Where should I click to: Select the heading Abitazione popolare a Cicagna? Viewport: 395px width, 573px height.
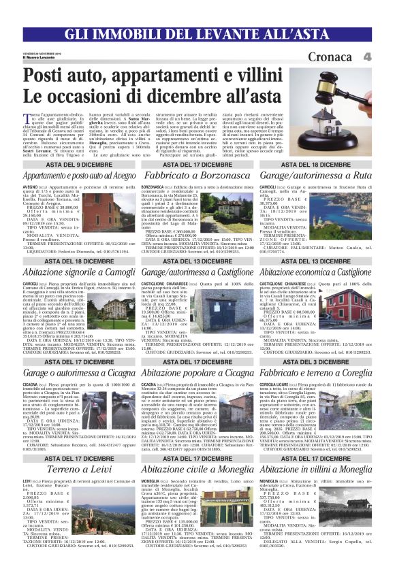pos(197,373)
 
